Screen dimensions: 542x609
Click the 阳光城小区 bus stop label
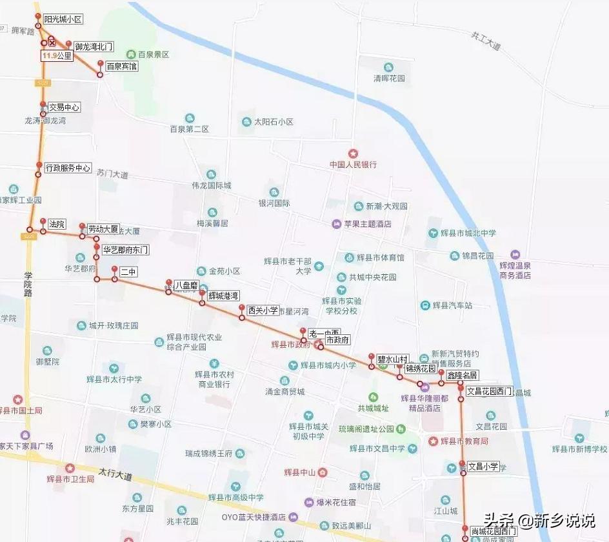click(x=63, y=20)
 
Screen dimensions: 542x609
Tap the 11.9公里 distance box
click(x=57, y=56)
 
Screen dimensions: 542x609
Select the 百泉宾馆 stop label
click(x=121, y=66)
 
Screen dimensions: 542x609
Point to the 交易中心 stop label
click(x=64, y=108)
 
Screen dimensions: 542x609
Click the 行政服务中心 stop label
click(x=68, y=168)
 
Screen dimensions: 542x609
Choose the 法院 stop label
click(x=57, y=225)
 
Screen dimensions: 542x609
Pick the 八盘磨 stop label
click(x=185, y=285)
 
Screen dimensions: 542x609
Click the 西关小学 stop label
click(x=263, y=310)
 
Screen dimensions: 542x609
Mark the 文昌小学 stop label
click(x=483, y=466)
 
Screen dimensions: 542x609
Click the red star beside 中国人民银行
click(x=352, y=154)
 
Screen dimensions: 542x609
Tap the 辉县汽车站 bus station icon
click(x=425, y=305)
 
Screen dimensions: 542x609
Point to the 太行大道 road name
click(x=115, y=476)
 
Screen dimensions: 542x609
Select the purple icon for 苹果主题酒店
click(x=336, y=224)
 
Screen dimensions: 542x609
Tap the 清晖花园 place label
click(x=389, y=78)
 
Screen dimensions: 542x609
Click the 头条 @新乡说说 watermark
click(x=539, y=520)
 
